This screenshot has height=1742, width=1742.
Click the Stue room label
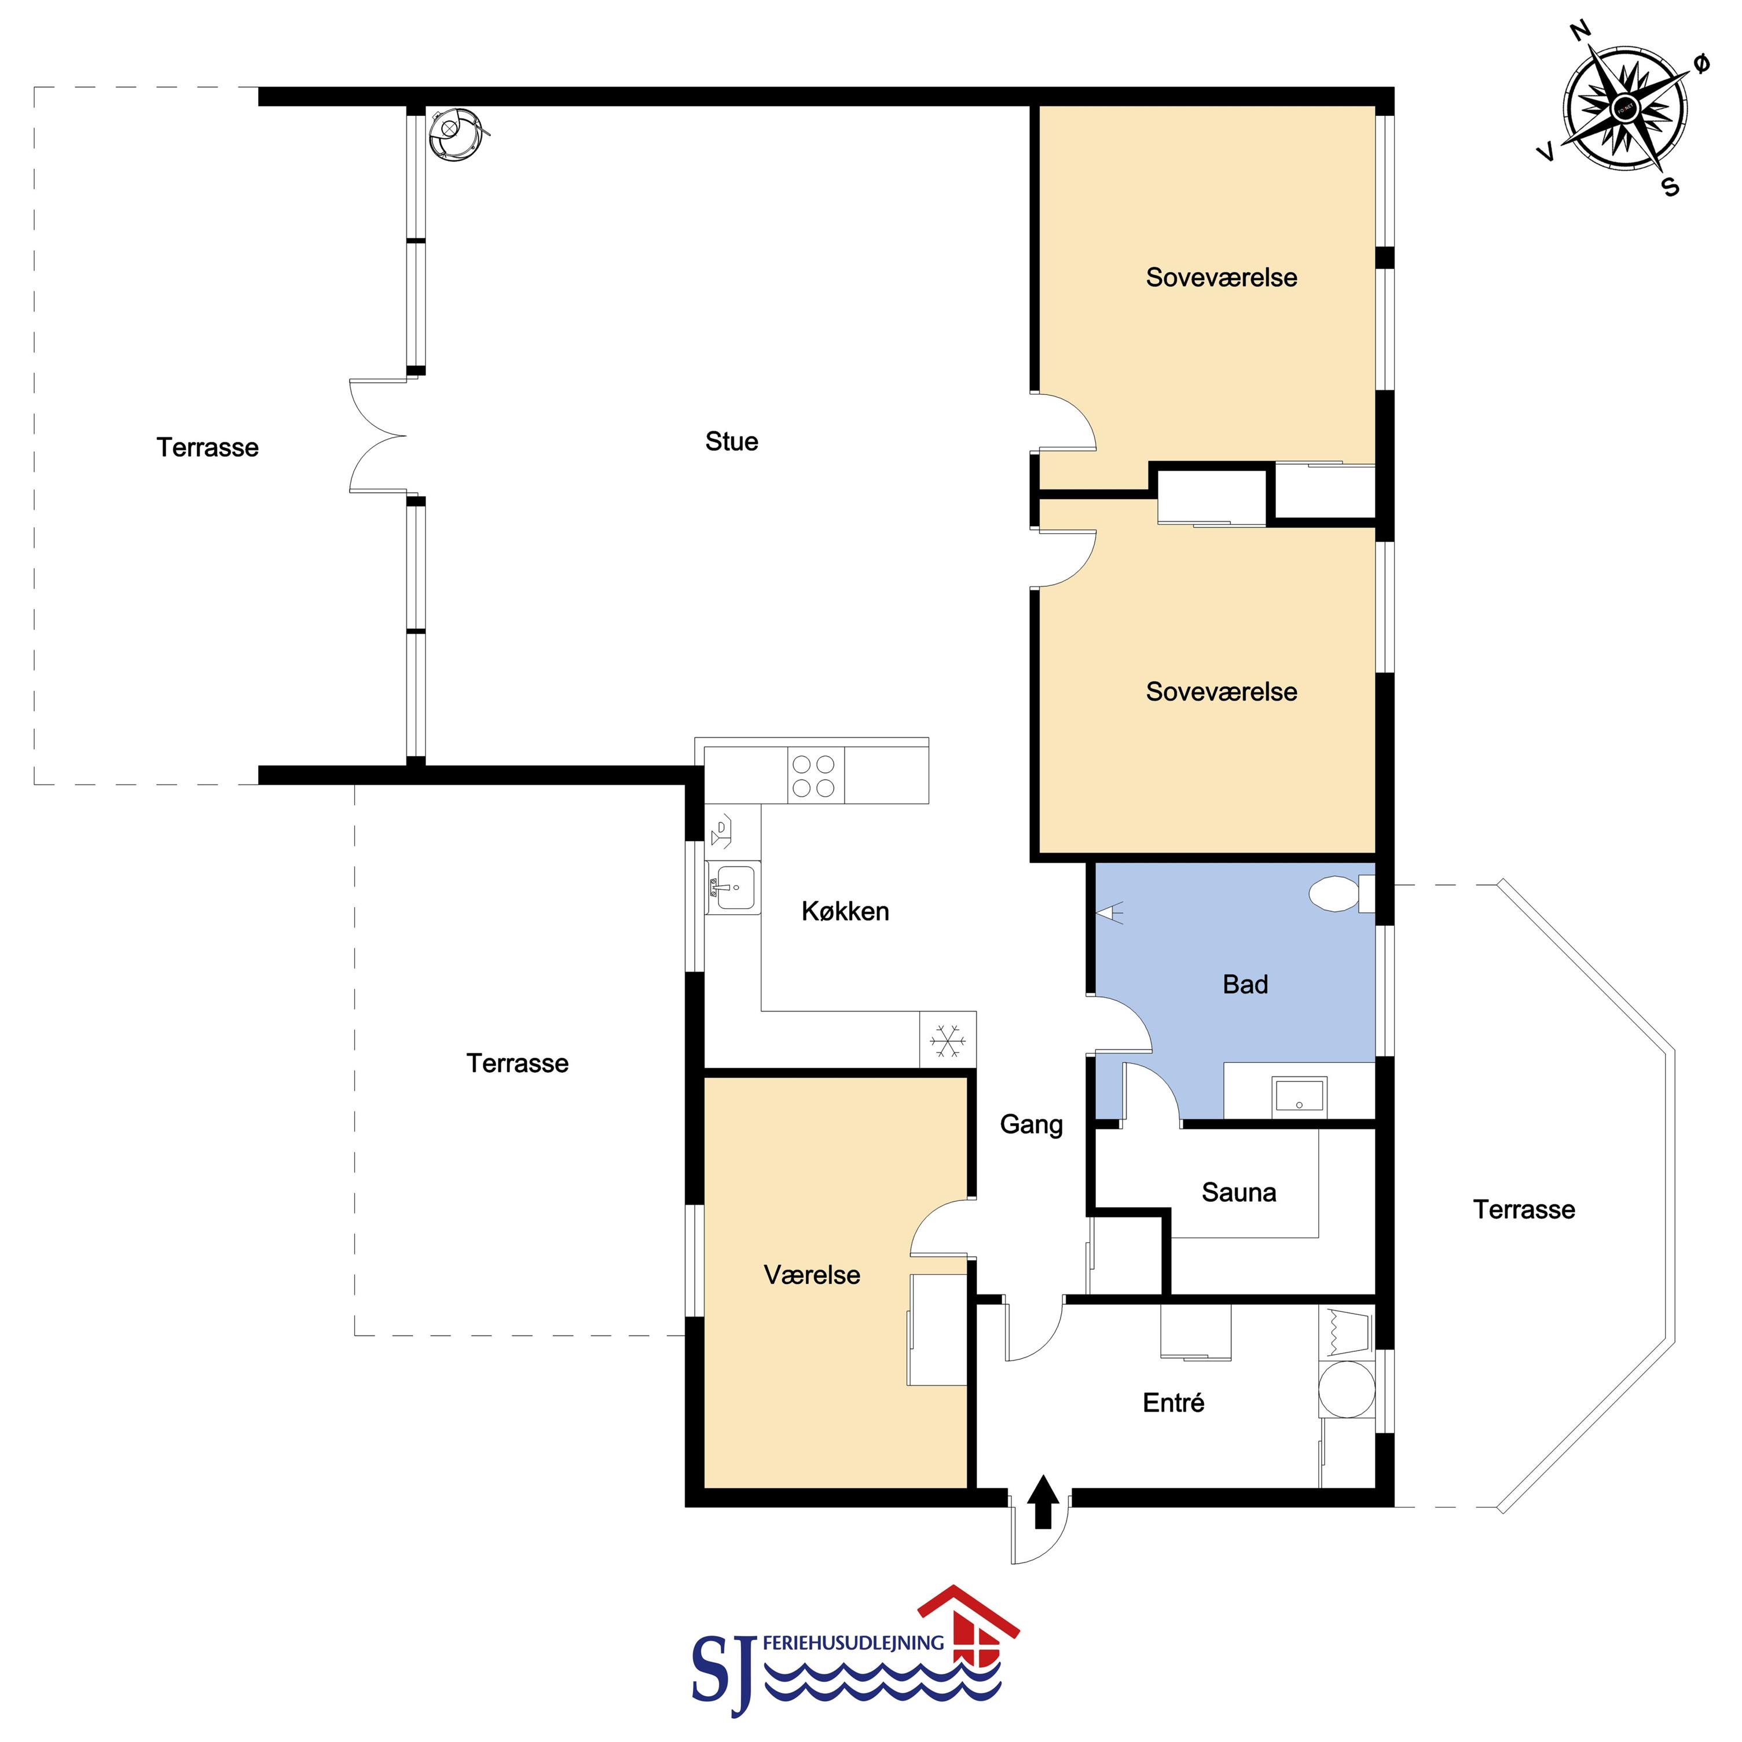(731, 442)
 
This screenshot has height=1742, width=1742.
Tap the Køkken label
(845, 912)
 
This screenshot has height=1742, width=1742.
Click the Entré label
(1173, 1402)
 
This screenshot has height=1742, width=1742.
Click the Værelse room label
(812, 1274)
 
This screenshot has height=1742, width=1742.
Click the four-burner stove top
(815, 775)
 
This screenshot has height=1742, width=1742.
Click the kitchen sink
(733, 888)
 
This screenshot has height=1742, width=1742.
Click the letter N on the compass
(1580, 32)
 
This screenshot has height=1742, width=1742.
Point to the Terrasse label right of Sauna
(1524, 1209)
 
